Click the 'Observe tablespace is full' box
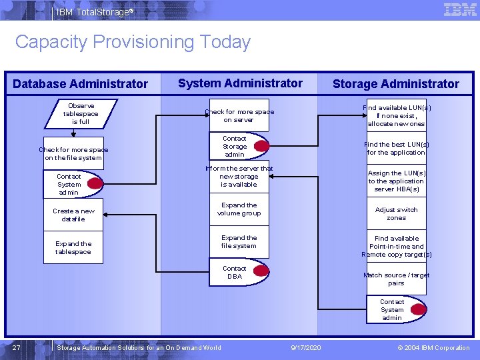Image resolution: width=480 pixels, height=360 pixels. pos(81,113)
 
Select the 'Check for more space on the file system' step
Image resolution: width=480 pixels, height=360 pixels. pos(73,154)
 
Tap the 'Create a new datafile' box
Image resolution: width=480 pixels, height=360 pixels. pos(73,215)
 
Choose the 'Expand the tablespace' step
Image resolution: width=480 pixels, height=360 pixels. pos(73,248)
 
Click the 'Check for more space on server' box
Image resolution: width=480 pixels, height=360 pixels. pos(239,116)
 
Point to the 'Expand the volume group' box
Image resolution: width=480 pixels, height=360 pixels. pos(239,209)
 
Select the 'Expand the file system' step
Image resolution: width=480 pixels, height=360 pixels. pos(239,241)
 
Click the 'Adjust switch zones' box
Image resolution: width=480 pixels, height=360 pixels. pos(396,213)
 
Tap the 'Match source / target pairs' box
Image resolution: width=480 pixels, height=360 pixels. pos(396,279)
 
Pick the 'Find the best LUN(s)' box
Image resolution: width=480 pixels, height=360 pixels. pos(396,148)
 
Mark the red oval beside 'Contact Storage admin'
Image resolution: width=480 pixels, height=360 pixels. pos(261,145)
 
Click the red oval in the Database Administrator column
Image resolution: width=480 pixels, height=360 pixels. pos(96,183)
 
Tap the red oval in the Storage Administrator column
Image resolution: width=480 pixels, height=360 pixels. pos(419,309)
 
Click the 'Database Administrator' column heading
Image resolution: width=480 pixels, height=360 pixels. pos(80,84)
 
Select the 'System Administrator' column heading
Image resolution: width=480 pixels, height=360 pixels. pos(240,83)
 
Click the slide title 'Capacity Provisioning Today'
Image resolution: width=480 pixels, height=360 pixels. pos(133,42)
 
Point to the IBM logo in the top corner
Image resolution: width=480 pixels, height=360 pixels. pos(460,9)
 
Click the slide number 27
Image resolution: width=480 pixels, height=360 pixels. pos(16,348)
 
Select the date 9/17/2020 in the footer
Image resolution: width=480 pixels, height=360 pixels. pos(306,348)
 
